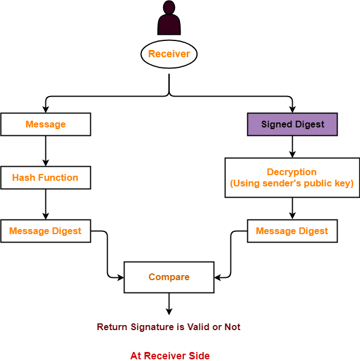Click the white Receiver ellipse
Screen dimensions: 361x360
tap(169, 54)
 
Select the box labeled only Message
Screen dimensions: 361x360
tap(45, 125)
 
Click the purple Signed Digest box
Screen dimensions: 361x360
tap(292, 125)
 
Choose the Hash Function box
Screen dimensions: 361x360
tap(45, 177)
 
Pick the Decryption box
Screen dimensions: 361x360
tap(292, 177)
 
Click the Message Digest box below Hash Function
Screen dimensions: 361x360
tap(45, 231)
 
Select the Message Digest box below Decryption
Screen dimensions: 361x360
tap(292, 231)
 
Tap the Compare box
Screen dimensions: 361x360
tap(169, 277)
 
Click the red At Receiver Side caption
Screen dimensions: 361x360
tap(170, 356)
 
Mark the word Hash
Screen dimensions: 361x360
tap(23, 177)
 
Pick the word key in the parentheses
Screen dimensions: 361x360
tap(344, 184)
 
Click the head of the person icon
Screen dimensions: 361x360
tap(169, 7)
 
